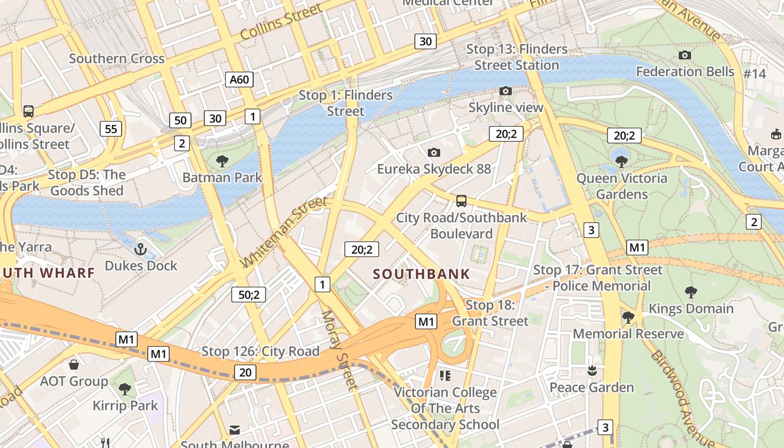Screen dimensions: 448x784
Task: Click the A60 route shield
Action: [x=239, y=80]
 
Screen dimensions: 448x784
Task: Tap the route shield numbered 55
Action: [x=111, y=129]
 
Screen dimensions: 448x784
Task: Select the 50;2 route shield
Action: [x=249, y=295]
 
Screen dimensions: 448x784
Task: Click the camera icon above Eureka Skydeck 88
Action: [x=433, y=152]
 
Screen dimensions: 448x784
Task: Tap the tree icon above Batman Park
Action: [x=222, y=161]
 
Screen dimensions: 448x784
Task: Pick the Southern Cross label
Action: [x=116, y=59]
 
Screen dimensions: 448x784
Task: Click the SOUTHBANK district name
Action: [x=421, y=274]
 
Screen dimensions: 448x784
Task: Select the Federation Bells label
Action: [x=685, y=72]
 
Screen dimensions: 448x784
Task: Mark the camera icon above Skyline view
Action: [x=505, y=91]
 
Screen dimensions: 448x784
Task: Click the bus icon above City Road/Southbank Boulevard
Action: [x=461, y=200]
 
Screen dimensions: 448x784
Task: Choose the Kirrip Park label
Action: [x=125, y=405]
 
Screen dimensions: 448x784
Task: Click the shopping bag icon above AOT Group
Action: [x=74, y=365]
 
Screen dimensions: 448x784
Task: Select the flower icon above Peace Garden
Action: [x=591, y=371]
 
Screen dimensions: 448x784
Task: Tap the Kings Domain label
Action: [x=690, y=309]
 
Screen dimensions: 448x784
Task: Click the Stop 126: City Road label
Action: [x=260, y=352]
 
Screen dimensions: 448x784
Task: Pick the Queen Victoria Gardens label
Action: [x=622, y=186]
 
